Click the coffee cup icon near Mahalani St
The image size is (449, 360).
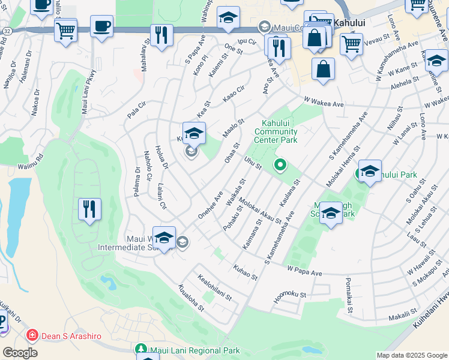coord(101,26)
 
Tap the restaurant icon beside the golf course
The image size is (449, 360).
coord(89,209)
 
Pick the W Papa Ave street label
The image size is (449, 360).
coord(305,271)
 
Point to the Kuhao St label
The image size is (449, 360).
coord(246,272)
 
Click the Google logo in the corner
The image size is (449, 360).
coord(20,353)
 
